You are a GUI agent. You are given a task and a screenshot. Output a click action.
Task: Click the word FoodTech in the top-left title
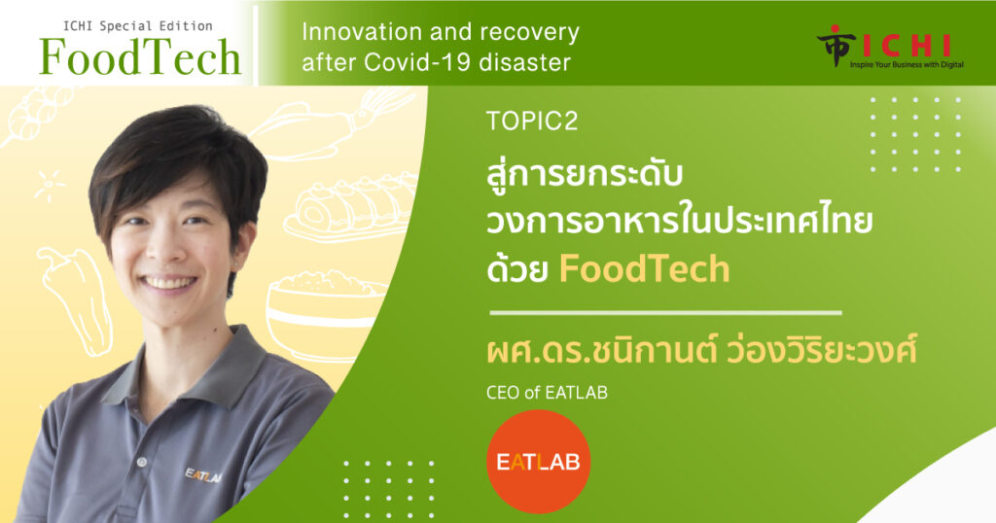(x=140, y=57)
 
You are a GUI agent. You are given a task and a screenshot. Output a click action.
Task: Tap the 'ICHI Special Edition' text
(x=138, y=26)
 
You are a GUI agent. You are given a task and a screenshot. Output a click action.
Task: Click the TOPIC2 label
(x=532, y=122)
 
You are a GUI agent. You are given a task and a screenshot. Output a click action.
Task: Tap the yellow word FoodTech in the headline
(x=644, y=269)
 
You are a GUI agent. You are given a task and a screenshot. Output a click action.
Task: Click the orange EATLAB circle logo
(x=538, y=462)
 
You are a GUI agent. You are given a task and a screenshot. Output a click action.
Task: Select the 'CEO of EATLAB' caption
(x=547, y=393)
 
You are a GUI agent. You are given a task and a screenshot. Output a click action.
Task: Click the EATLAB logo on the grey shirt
(x=203, y=475)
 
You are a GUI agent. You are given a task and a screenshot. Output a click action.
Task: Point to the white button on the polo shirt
(x=142, y=463)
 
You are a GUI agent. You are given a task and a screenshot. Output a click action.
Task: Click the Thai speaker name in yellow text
(x=702, y=351)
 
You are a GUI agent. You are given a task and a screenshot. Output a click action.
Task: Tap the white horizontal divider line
(x=665, y=312)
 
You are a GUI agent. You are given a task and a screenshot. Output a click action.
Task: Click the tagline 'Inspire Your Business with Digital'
(x=907, y=65)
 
